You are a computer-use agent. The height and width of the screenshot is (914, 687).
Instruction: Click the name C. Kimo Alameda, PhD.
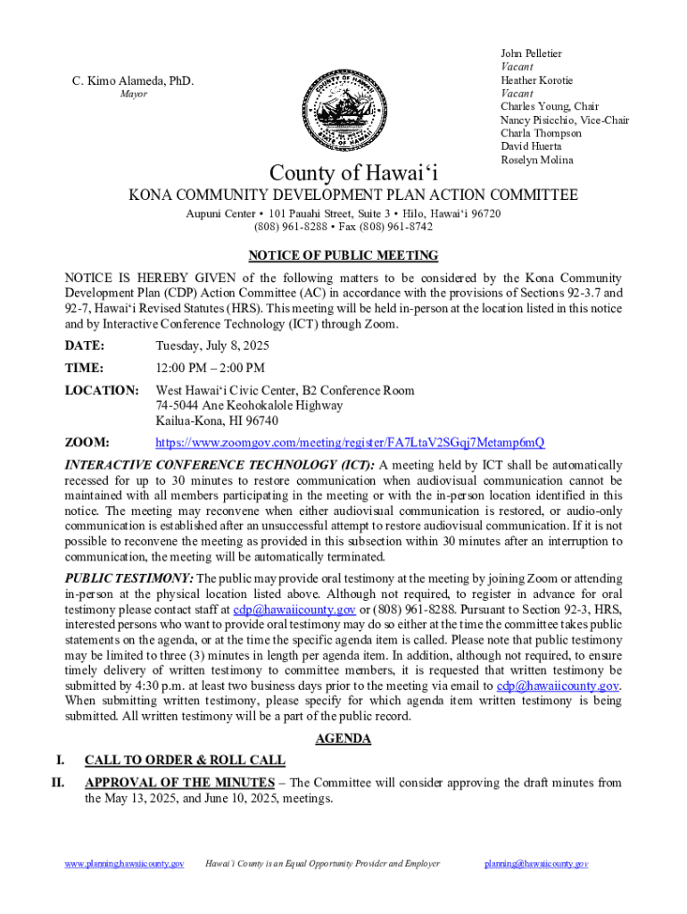(133, 83)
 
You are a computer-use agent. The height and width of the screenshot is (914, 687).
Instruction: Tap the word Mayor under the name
(134, 95)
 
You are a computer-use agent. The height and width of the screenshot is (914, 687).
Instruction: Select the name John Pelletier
(531, 54)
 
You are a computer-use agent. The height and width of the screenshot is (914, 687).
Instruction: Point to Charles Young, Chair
(549, 106)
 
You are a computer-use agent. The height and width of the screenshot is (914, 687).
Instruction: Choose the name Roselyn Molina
(536, 160)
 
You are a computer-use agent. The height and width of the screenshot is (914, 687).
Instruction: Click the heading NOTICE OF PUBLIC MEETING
(343, 255)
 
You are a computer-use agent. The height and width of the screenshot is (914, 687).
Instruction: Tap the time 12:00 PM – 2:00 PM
(210, 368)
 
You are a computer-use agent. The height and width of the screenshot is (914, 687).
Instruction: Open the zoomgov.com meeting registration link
(350, 443)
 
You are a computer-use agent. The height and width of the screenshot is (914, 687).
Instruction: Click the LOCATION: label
(101, 391)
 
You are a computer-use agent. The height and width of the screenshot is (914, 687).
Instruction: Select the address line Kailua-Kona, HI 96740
(217, 420)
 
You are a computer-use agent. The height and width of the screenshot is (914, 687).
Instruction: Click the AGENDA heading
(343, 739)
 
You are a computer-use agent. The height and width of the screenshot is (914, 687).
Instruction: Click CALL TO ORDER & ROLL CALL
(185, 760)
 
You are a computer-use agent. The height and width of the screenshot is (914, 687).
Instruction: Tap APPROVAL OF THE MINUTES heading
(179, 783)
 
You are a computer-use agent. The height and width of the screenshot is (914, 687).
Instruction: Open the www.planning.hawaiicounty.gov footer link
(125, 864)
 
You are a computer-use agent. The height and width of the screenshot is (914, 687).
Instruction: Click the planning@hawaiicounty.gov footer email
(536, 864)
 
